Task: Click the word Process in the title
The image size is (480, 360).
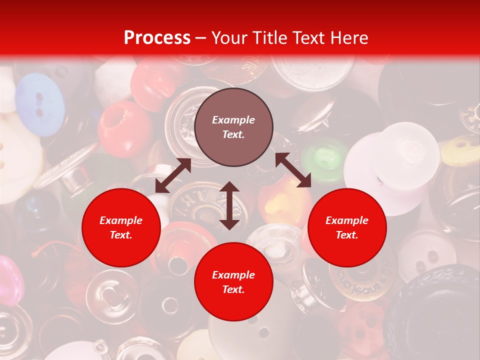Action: point(157,38)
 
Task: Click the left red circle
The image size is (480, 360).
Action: point(121,227)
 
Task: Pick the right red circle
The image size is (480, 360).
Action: point(346,227)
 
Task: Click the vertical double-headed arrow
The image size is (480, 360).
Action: point(229,205)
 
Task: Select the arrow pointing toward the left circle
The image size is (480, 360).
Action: point(173,175)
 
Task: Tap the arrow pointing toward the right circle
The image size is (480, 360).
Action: point(293,170)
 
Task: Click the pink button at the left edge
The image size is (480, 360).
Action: point(10,280)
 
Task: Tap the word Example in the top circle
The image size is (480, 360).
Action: point(233,120)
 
